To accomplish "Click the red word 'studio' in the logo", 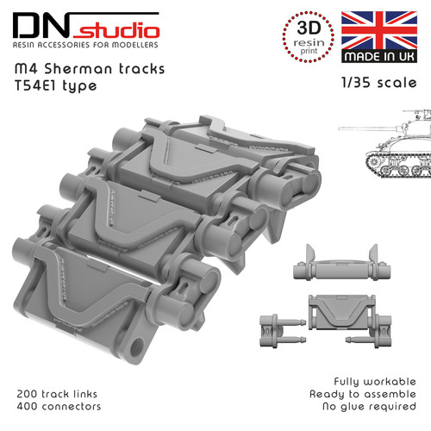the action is click(116, 31).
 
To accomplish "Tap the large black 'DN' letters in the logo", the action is click(41, 25).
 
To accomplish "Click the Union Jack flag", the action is click(379, 30).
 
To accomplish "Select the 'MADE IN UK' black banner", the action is click(379, 57).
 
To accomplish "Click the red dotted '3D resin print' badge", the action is click(309, 37).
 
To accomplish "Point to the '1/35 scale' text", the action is click(379, 83).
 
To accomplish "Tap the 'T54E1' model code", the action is click(35, 85).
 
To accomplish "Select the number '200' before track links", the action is click(27, 394).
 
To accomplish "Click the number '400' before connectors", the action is click(28, 407).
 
